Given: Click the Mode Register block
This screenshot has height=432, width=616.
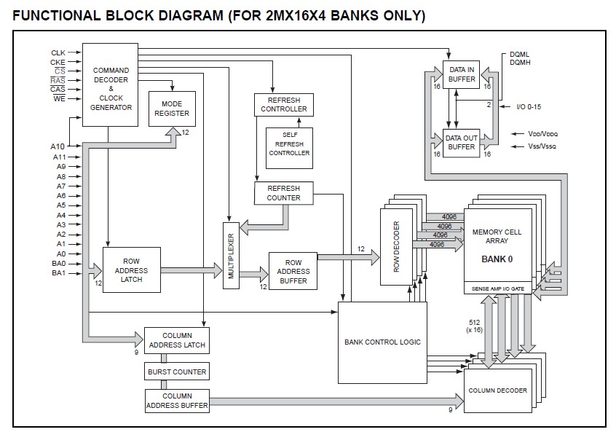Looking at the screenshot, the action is point(172,109).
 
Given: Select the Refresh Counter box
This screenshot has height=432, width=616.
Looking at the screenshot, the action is point(284,193).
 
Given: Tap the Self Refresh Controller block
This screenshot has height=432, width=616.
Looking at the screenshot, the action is point(289,148).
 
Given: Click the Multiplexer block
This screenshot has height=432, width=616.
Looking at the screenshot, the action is point(231,256).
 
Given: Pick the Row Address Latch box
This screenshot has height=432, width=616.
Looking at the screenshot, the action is point(132,270).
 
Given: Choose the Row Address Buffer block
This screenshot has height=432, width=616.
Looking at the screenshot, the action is point(293,271).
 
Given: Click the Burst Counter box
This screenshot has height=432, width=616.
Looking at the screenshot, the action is point(177,372).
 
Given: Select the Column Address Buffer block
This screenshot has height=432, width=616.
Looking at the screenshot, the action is point(177,401).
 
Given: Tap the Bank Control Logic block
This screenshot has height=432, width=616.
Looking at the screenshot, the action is point(383,342).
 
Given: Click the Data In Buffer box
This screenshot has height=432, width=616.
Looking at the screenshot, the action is point(461,75).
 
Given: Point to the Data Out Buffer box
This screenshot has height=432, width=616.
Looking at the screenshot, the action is point(461,143).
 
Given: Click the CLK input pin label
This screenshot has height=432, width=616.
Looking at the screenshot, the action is point(58,52).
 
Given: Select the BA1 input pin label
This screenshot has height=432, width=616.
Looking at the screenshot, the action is point(58,272).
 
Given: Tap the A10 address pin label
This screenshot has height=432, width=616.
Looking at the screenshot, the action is point(58,146).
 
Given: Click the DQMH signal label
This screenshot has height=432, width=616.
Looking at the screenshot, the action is point(520,62).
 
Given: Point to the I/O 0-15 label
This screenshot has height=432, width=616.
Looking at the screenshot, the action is point(529,106).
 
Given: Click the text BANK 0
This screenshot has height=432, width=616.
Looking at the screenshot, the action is point(497,259).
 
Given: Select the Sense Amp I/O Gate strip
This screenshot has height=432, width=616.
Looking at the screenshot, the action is point(498,288).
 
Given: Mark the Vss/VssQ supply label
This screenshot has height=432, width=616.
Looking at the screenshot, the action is point(542,146).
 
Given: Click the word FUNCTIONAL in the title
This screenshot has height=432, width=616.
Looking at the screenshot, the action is point(57,16).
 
